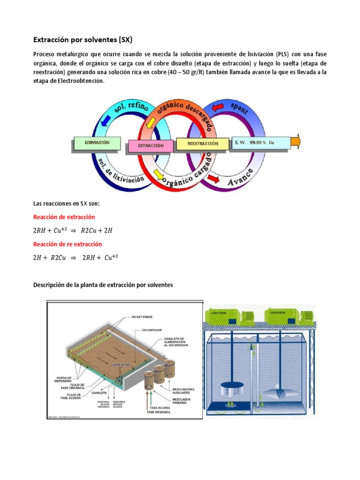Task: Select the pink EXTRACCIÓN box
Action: tap(150, 146)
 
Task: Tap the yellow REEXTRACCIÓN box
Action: tap(202, 143)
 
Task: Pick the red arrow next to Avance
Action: tap(214, 179)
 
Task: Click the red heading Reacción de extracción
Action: tap(64, 217)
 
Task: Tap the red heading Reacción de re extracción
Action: tap(67, 244)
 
